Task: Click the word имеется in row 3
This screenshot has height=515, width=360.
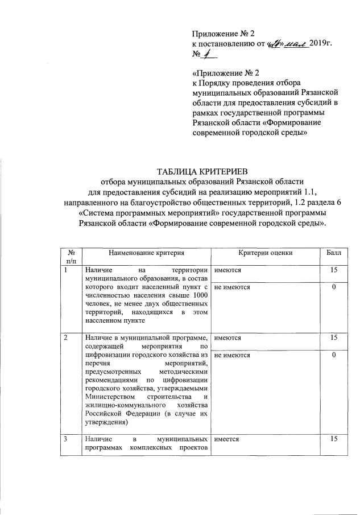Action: click(x=226, y=439)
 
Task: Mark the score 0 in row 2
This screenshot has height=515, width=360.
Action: click(x=335, y=355)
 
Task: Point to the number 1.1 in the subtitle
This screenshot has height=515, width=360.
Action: click(x=314, y=191)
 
